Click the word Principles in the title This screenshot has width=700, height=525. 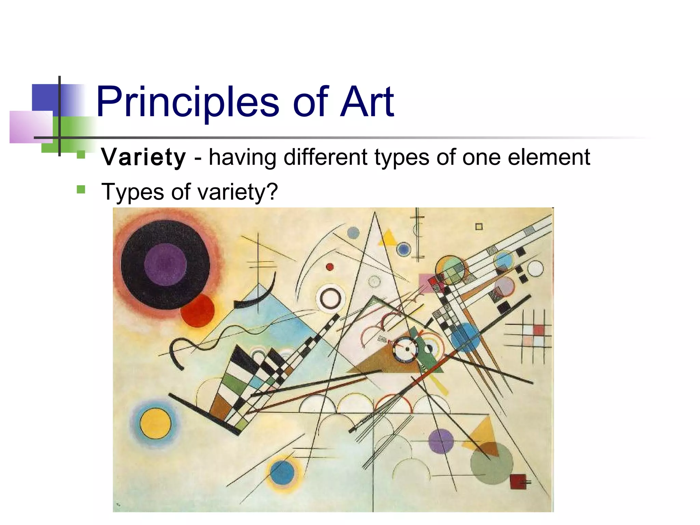click(187, 102)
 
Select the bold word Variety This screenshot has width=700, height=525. click(144, 157)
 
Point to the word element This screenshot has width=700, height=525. click(549, 157)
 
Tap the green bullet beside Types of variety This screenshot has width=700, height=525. click(81, 189)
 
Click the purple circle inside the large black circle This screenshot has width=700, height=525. click(165, 264)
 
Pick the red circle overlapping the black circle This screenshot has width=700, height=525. click(198, 310)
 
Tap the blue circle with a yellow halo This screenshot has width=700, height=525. click(282, 472)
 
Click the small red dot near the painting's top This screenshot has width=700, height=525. click(329, 267)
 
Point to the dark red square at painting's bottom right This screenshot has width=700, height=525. click(517, 481)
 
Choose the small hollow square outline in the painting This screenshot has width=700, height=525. click(479, 227)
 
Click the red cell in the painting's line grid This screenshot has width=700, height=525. click(538, 330)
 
